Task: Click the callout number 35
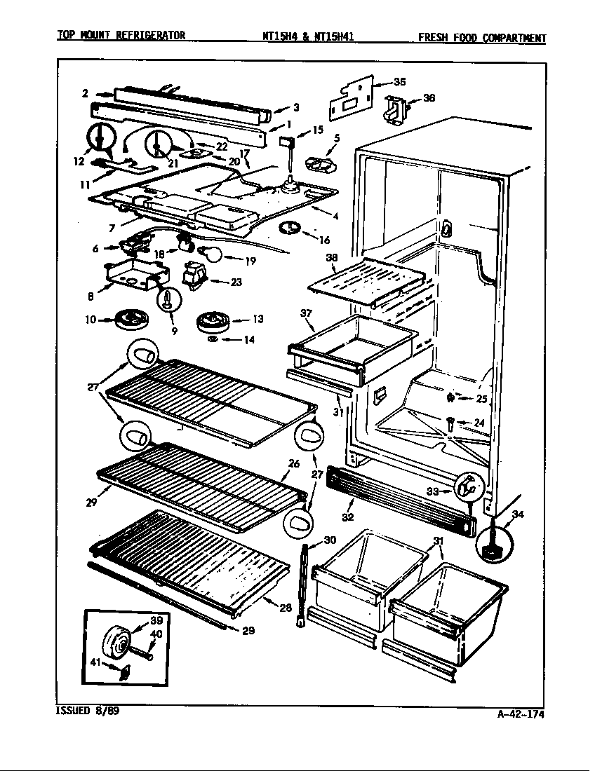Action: pyautogui.click(x=399, y=82)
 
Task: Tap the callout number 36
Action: pyautogui.click(x=429, y=98)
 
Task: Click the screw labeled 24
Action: pyautogui.click(x=450, y=422)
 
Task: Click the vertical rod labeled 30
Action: pyautogui.click(x=305, y=582)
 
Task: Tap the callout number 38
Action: pyautogui.click(x=331, y=257)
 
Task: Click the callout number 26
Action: pyautogui.click(x=294, y=463)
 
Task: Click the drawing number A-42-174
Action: pyautogui.click(x=521, y=714)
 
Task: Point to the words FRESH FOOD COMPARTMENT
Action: pyautogui.click(x=481, y=38)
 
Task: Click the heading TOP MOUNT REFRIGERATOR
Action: pyautogui.click(x=121, y=35)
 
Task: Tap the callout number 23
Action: pyautogui.click(x=236, y=282)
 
